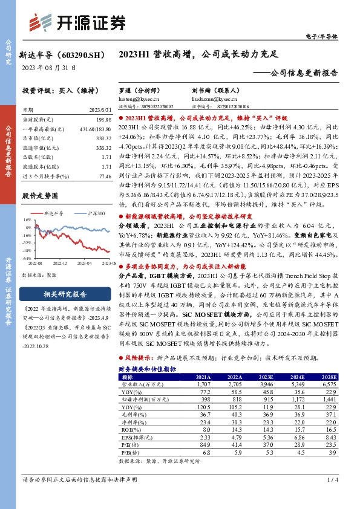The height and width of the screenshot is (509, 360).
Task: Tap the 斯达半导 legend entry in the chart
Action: (54, 213)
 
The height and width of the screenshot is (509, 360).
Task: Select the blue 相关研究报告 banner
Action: (60, 294)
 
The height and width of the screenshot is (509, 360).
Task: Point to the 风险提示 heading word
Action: (136, 357)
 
